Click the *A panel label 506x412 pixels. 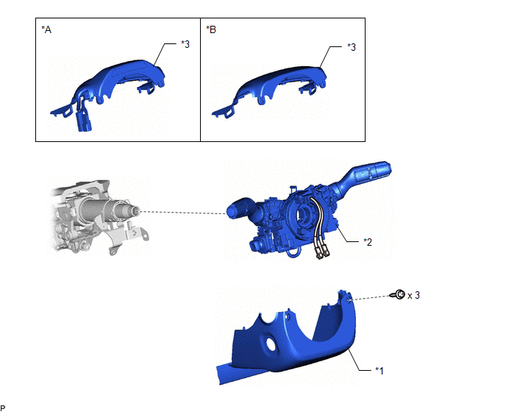46,29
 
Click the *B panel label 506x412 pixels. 211,29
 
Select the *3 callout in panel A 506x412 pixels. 185,44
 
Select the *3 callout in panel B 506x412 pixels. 352,47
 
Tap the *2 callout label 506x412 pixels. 368,242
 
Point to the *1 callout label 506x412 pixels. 379,371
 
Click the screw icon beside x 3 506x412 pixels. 398,294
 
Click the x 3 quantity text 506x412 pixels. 413,296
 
